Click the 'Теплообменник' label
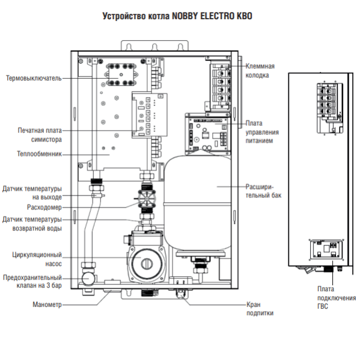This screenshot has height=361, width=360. [x=38, y=153]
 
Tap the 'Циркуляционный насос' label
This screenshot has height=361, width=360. [x=37, y=259]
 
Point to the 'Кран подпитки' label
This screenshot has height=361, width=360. [x=260, y=309]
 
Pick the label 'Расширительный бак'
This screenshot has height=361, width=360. [x=264, y=191]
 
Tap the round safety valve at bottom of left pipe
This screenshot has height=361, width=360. [x=89, y=279]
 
